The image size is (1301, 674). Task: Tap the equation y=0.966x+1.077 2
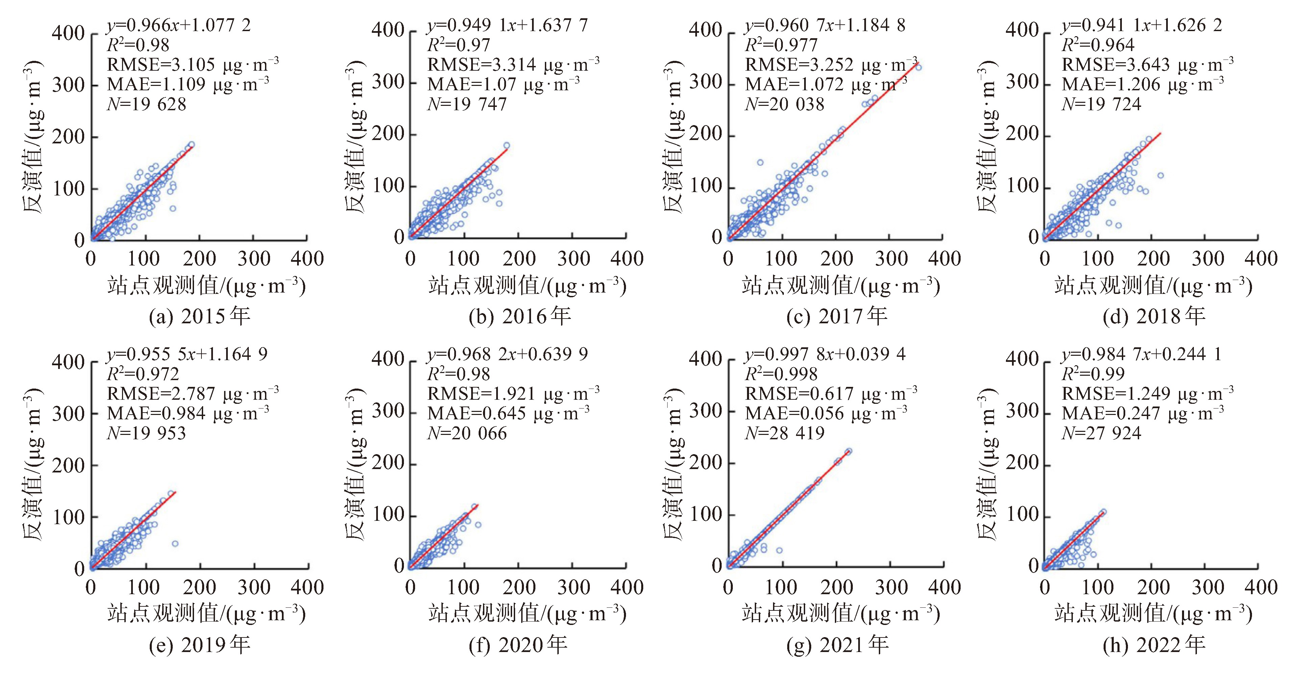(x=178, y=25)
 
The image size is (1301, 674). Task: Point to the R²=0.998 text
(x=781, y=374)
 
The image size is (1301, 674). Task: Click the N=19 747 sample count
(x=467, y=104)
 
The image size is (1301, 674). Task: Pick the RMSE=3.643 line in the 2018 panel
(x=1147, y=65)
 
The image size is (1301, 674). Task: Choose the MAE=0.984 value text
(x=187, y=413)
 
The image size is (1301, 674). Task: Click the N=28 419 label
(x=784, y=433)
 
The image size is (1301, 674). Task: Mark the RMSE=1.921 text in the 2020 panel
(x=513, y=394)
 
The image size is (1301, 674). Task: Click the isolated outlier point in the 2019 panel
(x=175, y=544)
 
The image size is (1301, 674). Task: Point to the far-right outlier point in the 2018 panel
(x=1160, y=175)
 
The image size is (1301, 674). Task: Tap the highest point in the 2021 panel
(x=848, y=451)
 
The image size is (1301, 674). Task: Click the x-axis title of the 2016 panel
(x=527, y=286)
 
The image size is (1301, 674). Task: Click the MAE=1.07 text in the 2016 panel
(x=503, y=84)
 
